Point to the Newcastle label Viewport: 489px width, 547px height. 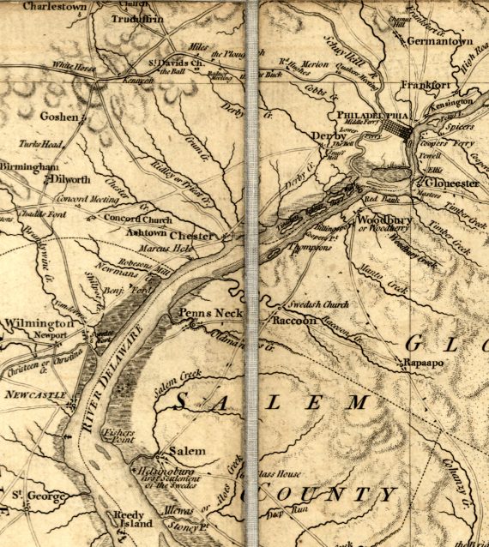pos(34,394)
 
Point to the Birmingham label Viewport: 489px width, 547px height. pos(29,165)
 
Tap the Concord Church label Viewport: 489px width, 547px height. pos(138,219)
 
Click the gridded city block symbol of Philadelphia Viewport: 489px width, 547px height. pos(397,129)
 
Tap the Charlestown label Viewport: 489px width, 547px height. pos(54,6)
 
